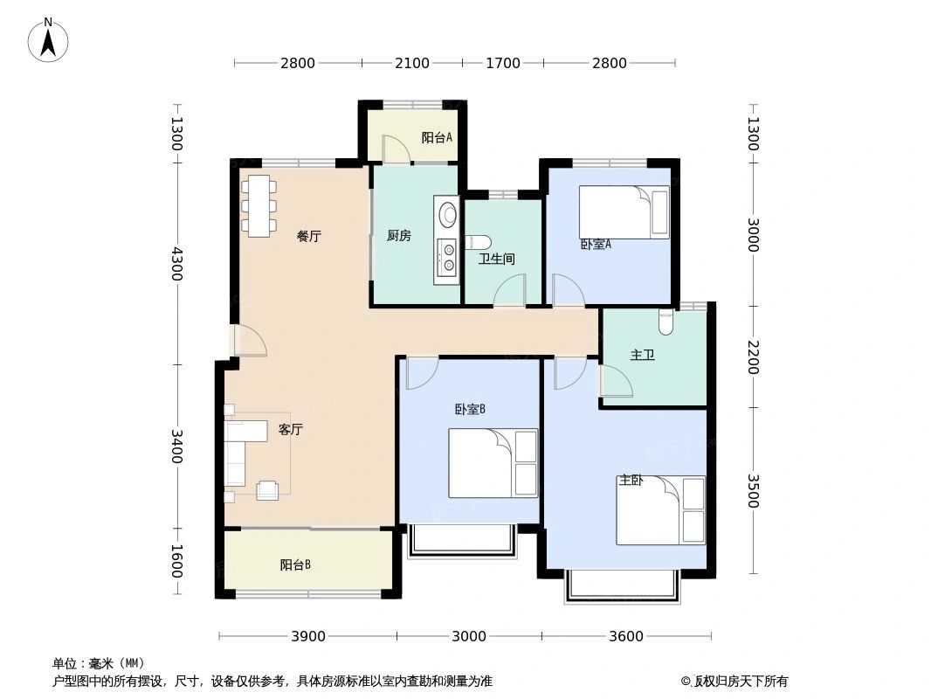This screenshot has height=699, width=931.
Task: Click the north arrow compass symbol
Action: pos(49,39)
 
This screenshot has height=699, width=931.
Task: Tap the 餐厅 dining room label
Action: pos(308,236)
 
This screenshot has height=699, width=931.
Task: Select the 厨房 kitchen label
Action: pos(398,236)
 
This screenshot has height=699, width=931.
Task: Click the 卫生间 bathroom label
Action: pos(496,259)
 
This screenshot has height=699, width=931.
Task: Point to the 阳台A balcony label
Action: pos(437,137)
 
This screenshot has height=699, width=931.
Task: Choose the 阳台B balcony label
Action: pos(295,564)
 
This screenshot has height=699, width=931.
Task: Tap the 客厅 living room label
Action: pos(290,429)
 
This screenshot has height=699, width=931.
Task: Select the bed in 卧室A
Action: pos(624,211)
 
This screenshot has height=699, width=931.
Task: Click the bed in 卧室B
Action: pos(493,463)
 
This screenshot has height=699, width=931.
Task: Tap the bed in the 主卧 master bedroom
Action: pos(661,510)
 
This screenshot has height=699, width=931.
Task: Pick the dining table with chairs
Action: pos(259,205)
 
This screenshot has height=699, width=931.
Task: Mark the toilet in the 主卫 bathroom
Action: pos(666,322)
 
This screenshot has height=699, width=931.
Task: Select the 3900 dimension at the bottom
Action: pos(307,636)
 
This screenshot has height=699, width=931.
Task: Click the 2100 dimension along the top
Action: pos(412,63)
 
